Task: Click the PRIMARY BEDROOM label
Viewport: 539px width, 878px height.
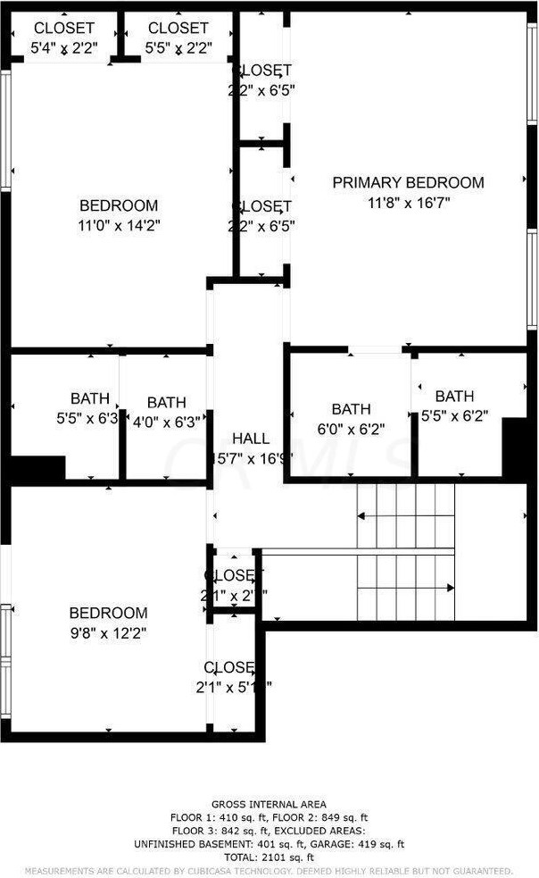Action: (x=408, y=183)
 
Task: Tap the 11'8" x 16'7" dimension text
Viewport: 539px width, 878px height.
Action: (x=408, y=202)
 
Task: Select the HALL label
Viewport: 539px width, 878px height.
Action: (x=250, y=439)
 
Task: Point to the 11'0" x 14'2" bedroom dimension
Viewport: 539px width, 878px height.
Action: (x=119, y=225)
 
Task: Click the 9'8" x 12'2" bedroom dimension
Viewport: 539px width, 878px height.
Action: (x=108, y=632)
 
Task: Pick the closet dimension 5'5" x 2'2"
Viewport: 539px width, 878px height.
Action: (x=178, y=47)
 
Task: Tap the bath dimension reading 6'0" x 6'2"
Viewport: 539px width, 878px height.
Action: (x=352, y=429)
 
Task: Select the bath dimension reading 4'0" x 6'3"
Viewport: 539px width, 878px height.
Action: (x=167, y=422)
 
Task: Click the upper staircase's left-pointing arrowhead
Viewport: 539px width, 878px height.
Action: (x=361, y=516)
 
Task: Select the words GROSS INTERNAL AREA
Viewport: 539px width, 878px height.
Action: (x=269, y=804)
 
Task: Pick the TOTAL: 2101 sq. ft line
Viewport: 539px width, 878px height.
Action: (x=269, y=857)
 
